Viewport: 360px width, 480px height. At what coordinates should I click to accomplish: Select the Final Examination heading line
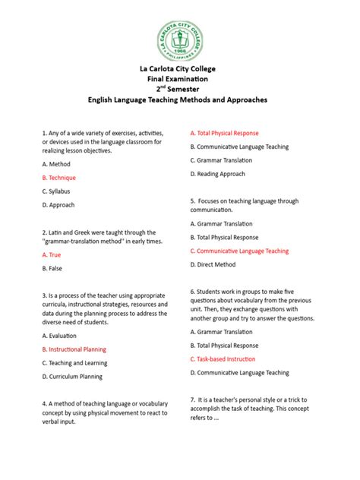(x=180, y=80)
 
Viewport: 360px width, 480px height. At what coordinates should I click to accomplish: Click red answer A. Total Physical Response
(x=224, y=133)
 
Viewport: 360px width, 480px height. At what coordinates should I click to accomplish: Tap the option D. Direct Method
(x=215, y=264)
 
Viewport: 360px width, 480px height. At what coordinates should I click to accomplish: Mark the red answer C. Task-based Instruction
(x=223, y=359)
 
